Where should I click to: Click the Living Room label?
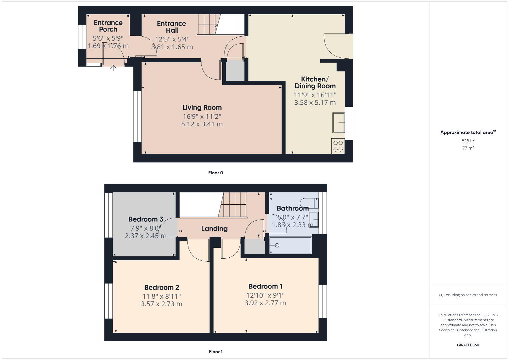click(x=202, y=107)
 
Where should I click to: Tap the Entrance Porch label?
click(x=108, y=26)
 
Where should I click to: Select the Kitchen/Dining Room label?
click(x=315, y=82)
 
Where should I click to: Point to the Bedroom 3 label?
click(x=146, y=219)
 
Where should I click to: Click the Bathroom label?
click(x=293, y=208)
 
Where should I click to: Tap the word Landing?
click(x=214, y=229)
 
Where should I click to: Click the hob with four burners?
click(x=338, y=146)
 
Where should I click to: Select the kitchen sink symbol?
click(x=339, y=122)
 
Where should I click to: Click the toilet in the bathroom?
click(x=310, y=203)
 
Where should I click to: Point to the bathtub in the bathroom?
click(x=291, y=245)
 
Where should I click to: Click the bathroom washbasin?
click(x=314, y=220)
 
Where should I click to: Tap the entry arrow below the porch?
click(x=113, y=68)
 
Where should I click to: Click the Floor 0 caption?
click(x=216, y=173)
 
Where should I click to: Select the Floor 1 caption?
click(x=216, y=352)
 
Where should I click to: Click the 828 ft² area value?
click(x=468, y=141)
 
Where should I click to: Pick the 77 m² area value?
click(x=468, y=148)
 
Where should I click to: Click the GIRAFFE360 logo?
click(x=468, y=345)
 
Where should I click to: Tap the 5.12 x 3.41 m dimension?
click(x=202, y=124)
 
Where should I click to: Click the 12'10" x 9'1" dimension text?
click(x=265, y=295)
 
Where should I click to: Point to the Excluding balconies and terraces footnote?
click(x=468, y=295)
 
